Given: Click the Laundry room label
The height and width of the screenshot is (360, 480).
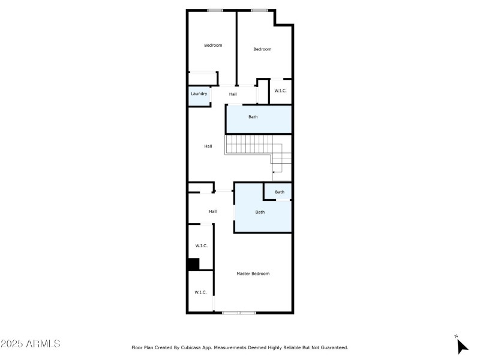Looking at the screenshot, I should click(x=199, y=94).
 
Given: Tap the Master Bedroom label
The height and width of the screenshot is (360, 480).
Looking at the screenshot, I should click(x=253, y=274).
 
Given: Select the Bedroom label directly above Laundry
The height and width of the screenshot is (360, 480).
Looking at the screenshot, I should click(x=213, y=46).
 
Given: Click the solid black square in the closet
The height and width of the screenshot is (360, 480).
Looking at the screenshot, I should click(x=193, y=264).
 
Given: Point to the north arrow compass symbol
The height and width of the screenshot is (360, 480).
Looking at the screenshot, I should click(x=462, y=346).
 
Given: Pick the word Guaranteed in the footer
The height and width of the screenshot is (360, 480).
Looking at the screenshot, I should click(x=334, y=347).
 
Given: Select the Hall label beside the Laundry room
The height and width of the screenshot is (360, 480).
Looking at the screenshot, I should click(x=233, y=94).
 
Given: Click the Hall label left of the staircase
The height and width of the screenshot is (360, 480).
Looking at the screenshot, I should click(x=208, y=146).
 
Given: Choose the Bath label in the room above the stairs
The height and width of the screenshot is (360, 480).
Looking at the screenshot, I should click(x=253, y=117).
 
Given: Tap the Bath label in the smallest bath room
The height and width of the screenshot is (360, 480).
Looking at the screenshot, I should click(x=280, y=192).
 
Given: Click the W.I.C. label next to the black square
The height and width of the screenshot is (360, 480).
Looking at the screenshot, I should click(x=202, y=246).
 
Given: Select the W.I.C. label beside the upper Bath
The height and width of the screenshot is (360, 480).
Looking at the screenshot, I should click(x=281, y=91).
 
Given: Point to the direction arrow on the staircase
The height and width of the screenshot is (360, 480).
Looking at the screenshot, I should click(x=275, y=172).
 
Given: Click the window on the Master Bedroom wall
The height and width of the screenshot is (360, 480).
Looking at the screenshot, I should click(x=239, y=313).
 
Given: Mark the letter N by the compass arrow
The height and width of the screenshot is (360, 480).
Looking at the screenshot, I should click(x=456, y=336).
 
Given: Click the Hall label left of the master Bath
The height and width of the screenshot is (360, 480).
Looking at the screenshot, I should click(x=212, y=211).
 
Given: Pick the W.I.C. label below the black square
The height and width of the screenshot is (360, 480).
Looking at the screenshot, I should click(x=200, y=292).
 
